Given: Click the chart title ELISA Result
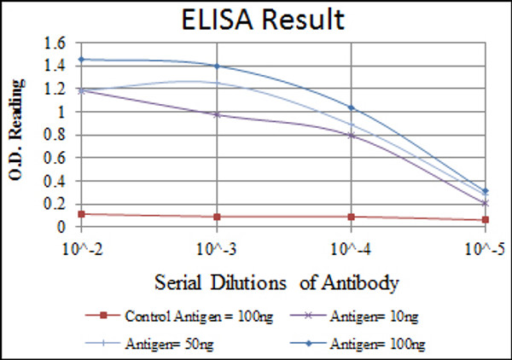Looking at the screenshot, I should (x=255, y=19).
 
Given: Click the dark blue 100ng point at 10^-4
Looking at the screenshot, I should (x=351, y=107).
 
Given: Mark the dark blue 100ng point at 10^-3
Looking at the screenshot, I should (x=216, y=66).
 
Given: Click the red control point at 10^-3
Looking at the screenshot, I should (x=216, y=217).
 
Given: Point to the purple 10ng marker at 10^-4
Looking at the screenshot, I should (x=351, y=135).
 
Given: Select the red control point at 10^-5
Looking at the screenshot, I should (x=485, y=220).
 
